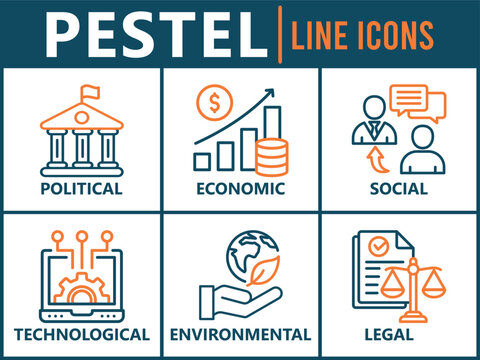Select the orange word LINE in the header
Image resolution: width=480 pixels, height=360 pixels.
321,36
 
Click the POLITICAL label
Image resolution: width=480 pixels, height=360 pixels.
82,188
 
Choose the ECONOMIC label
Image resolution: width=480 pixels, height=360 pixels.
240,188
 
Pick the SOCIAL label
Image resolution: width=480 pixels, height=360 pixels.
397,188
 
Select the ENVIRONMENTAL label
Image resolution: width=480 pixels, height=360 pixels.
240,333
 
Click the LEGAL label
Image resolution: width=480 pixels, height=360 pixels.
397,333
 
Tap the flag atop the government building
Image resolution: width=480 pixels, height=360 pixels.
86,92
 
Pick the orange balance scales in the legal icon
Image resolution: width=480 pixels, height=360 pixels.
416,290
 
